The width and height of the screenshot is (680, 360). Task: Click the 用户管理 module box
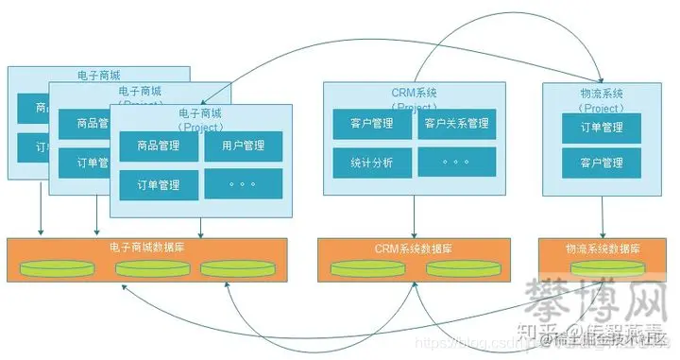click(x=243, y=146)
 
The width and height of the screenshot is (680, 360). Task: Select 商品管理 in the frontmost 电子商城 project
click(x=160, y=146)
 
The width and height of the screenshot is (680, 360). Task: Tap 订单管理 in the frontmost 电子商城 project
click(x=160, y=181)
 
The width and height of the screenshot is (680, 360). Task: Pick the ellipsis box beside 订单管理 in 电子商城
click(x=243, y=181)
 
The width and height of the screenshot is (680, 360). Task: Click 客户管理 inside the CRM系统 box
click(x=371, y=124)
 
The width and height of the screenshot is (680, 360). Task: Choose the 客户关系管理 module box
click(x=456, y=124)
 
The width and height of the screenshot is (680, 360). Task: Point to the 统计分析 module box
click(x=371, y=162)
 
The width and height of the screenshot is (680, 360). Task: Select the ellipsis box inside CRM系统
click(x=456, y=162)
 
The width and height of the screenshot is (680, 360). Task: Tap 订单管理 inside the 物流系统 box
click(x=602, y=128)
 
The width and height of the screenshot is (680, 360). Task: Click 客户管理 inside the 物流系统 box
click(x=602, y=163)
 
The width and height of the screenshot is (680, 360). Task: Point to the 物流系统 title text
click(x=603, y=94)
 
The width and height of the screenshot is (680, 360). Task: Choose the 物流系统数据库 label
click(x=603, y=249)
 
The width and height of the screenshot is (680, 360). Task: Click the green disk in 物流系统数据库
click(x=603, y=267)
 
